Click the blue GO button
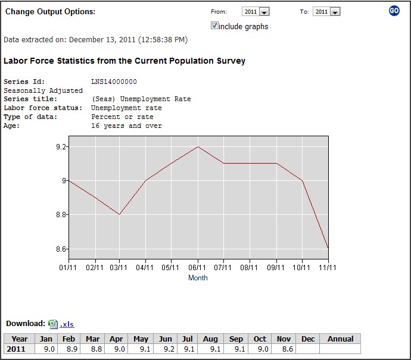tap(394, 11)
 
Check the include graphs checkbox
tap(214, 26)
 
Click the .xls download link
tap(67, 324)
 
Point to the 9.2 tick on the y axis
tap(60, 146)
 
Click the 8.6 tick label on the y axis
tap(60, 249)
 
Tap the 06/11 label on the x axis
tap(198, 268)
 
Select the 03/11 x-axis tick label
tap(120, 268)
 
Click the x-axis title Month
tap(198, 278)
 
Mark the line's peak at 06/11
tap(198, 146)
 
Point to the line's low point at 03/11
tap(120, 214)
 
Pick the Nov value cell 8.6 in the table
tap(284, 349)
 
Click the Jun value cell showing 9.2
tap(166, 349)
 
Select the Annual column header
tap(340, 339)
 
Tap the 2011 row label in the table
tap(16, 349)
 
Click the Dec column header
tap(308, 339)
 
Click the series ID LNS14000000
tap(114, 82)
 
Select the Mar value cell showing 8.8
tap(92, 349)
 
